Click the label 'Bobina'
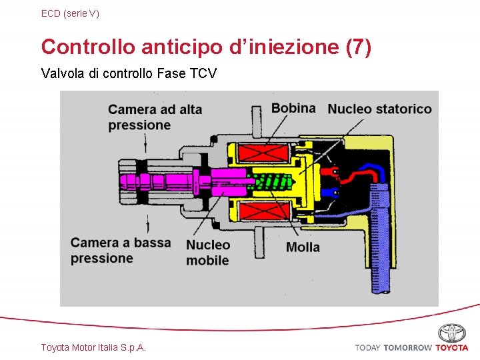(293, 108)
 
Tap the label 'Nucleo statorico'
(379, 109)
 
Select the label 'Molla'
(303, 247)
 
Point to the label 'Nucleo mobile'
(207, 253)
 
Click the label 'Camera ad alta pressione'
(154, 117)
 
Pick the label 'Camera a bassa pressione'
(121, 250)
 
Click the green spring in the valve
(273, 181)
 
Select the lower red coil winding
(263, 213)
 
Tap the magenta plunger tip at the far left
(127, 181)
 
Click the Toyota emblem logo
(451, 333)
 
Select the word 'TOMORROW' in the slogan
(407, 347)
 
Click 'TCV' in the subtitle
(203, 73)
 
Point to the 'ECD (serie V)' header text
(70, 13)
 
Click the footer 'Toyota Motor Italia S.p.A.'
(93, 347)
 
